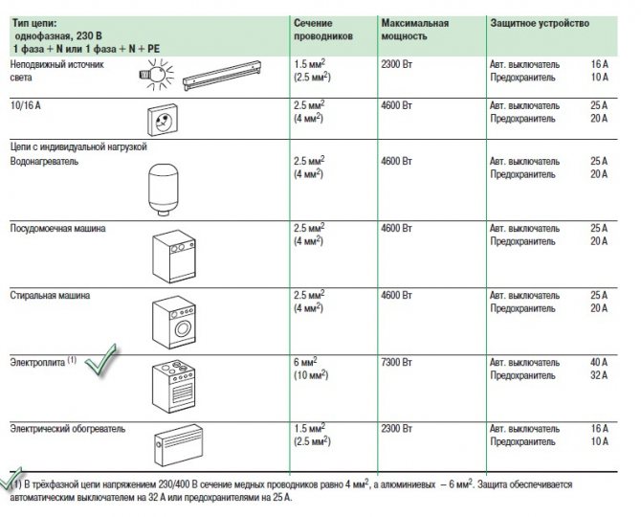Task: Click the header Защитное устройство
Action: tap(532, 21)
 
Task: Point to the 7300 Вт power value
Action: tap(397, 363)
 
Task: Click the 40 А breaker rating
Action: tap(599, 363)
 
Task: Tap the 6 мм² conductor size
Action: tap(305, 363)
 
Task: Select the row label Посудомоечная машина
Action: tap(57, 230)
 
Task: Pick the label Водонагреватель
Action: tap(45, 162)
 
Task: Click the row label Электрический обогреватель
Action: tap(67, 429)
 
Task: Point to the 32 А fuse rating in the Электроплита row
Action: tap(599, 376)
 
